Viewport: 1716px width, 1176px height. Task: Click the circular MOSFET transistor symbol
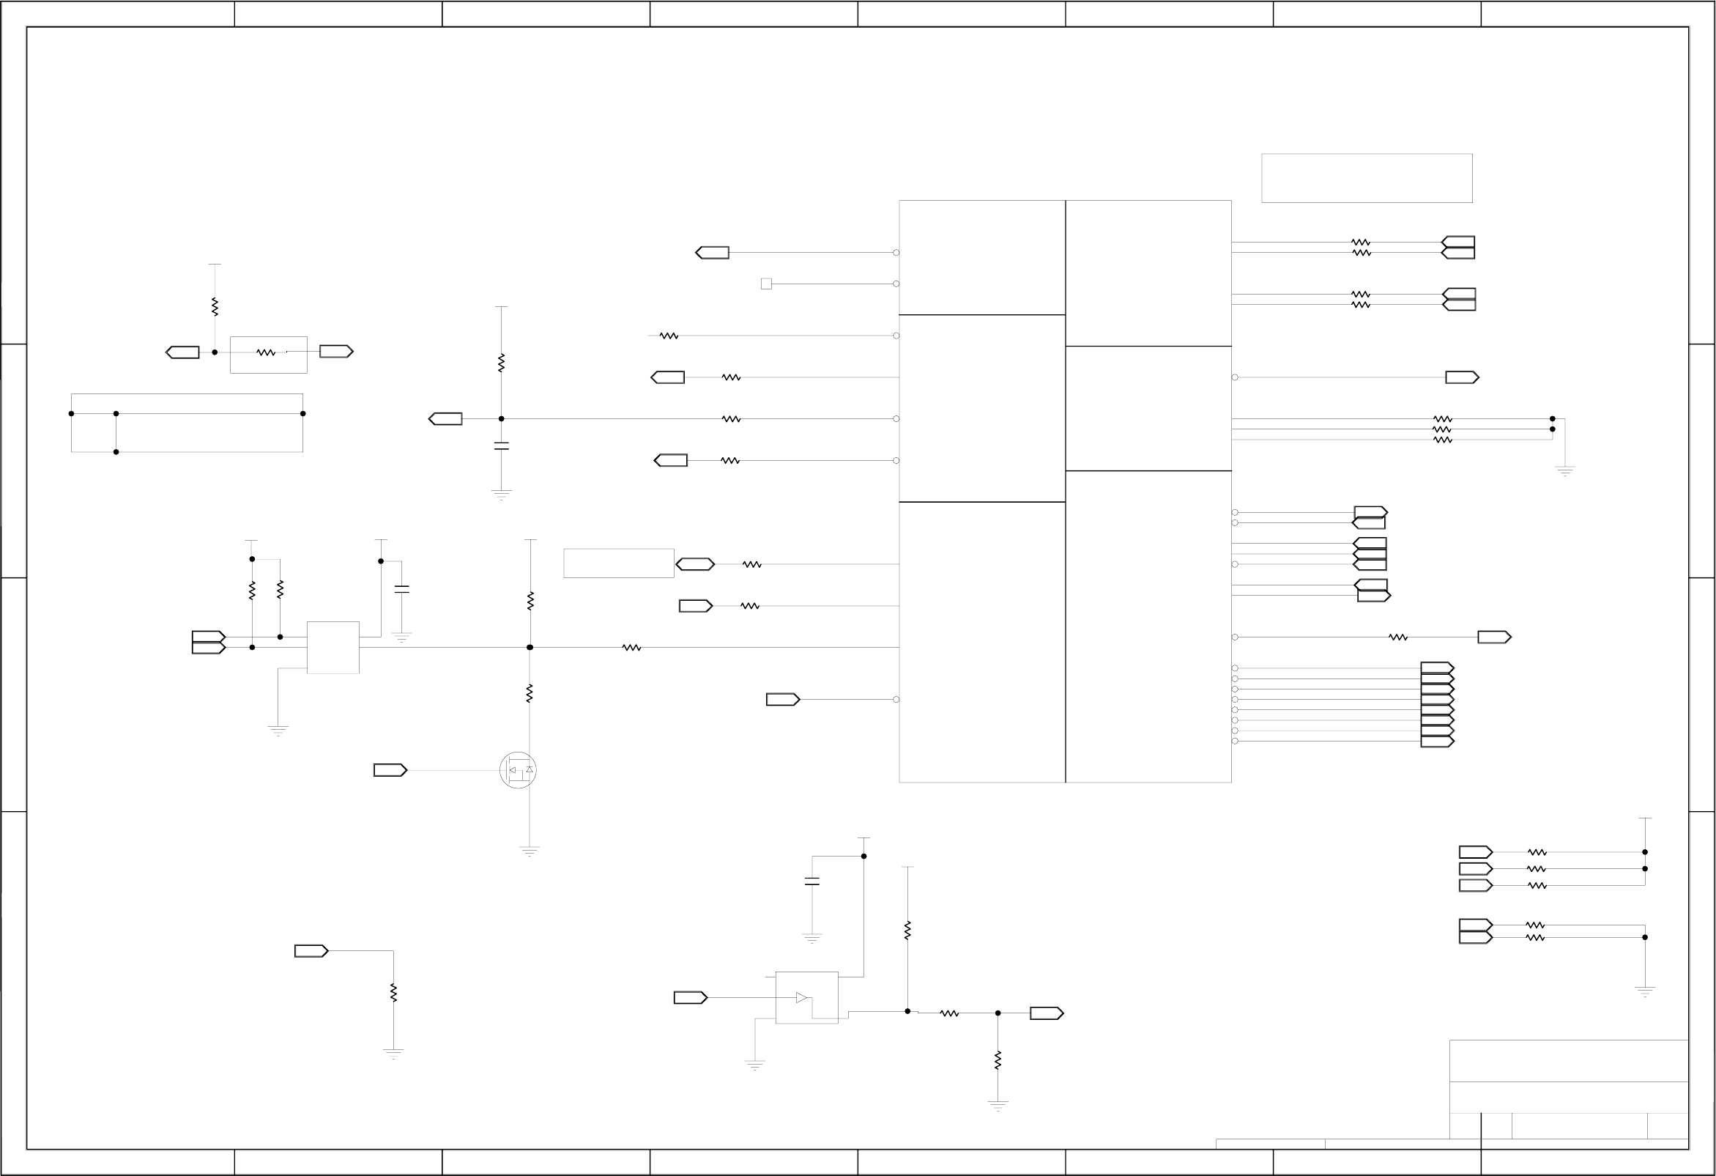518,771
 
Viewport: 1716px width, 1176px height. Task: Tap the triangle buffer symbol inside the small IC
801,998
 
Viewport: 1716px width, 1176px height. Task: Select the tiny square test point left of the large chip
766,284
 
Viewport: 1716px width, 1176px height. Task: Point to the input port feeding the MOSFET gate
390,771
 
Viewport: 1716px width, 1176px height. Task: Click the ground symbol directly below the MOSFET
530,851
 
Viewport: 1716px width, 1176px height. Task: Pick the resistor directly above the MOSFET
530,693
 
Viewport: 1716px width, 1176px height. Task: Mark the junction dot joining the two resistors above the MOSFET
530,648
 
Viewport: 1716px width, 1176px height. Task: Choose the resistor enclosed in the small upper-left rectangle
266,353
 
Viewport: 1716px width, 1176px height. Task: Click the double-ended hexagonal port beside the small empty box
695,564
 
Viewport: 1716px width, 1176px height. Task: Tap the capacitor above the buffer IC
811,881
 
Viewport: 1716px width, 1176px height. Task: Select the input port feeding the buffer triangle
690,998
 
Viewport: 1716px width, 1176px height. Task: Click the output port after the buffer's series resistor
1047,1013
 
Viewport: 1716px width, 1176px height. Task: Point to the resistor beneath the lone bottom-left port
393,993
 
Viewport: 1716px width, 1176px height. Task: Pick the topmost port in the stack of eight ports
1437,667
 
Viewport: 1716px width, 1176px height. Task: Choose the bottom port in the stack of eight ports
1437,742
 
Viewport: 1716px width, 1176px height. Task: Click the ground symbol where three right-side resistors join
1564,470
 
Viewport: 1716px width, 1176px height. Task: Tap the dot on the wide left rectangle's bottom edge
116,452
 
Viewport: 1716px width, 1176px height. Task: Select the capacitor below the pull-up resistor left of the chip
502,446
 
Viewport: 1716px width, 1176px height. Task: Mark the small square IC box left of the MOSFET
333,648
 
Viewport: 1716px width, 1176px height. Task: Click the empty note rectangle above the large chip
1367,178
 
